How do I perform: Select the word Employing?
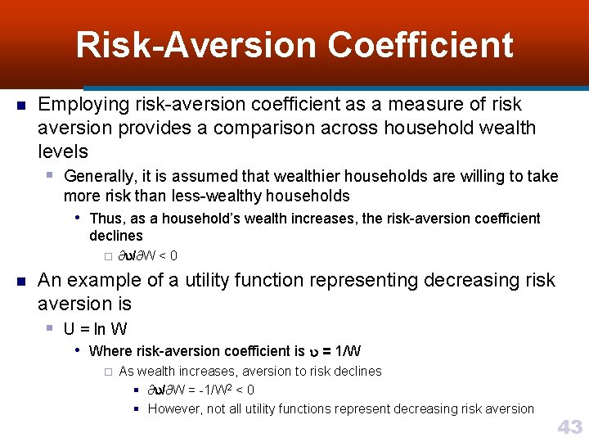83,105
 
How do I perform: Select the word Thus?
106,219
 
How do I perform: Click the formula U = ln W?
95,329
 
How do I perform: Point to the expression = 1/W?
341,351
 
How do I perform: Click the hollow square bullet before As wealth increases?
106,372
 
